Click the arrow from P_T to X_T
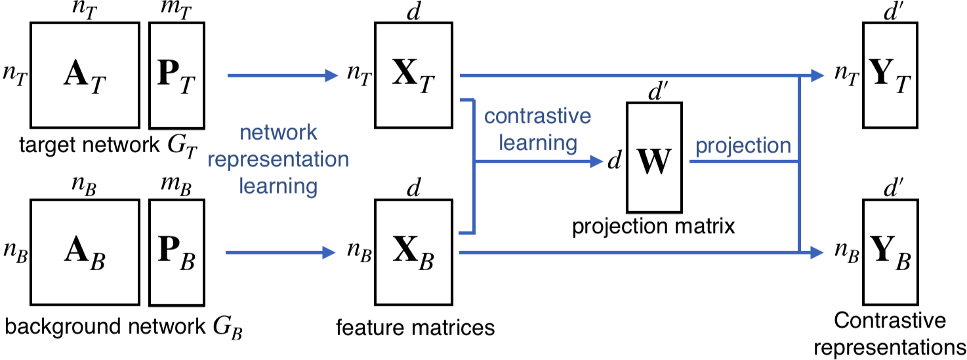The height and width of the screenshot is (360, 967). click(283, 75)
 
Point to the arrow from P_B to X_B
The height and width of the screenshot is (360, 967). click(281, 252)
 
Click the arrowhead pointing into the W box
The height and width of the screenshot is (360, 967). click(596, 162)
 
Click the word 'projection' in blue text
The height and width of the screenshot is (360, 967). click(743, 146)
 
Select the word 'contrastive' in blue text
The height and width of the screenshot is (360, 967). click(537, 116)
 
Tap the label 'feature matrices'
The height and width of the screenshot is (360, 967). click(415, 328)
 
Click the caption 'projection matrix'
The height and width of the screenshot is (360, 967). click(653, 226)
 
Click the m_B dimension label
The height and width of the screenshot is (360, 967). click(176, 186)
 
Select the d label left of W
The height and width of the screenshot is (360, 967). click(615, 160)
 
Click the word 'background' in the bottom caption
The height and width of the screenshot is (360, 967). click(62, 327)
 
